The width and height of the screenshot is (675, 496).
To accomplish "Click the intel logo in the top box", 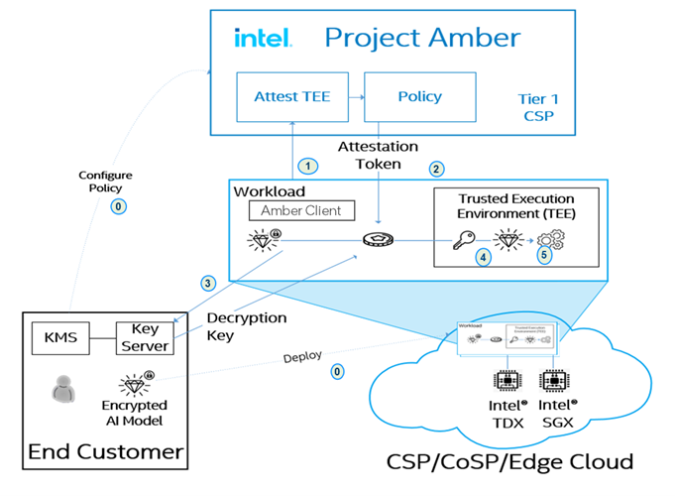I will click(262, 38).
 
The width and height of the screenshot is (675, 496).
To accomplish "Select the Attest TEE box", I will click(291, 97).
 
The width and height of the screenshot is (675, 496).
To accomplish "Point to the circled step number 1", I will click(310, 165).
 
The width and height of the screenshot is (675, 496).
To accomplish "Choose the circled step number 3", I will click(207, 283).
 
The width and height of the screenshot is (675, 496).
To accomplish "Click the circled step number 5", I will click(544, 254).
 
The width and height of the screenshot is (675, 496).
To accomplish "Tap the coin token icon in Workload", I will click(379, 240).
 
